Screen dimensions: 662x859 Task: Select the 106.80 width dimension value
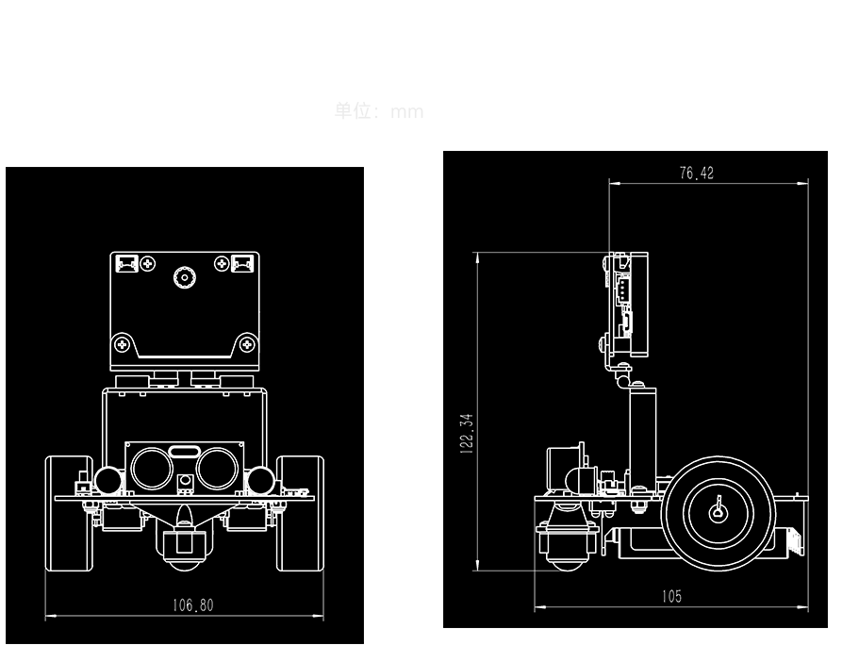point(192,605)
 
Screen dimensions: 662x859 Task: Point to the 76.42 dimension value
point(697,173)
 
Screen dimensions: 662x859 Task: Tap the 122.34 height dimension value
point(466,434)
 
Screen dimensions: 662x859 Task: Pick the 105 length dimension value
point(670,596)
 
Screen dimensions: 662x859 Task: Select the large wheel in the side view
point(719,511)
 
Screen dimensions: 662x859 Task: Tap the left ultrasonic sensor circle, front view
point(150,465)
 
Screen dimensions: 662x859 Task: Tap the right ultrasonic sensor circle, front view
point(218,465)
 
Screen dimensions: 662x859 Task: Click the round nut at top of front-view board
point(183,277)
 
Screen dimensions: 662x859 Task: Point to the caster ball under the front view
point(183,563)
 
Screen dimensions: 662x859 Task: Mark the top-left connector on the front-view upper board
point(126,263)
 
